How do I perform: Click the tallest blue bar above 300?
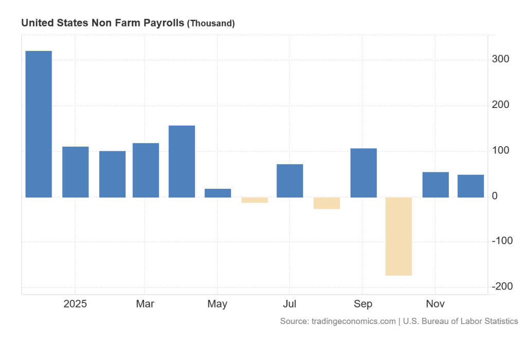pyautogui.click(x=39, y=124)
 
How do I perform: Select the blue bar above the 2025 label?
pyautogui.click(x=75, y=172)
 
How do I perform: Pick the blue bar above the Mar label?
pyautogui.click(x=146, y=170)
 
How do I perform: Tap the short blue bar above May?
pyautogui.click(x=218, y=193)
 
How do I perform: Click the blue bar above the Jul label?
pyautogui.click(x=290, y=181)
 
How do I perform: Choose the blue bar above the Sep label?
pyautogui.click(x=363, y=172)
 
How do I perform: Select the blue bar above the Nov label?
pyautogui.click(x=435, y=185)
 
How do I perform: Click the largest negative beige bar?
pyautogui.click(x=399, y=236)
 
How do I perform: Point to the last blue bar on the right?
pyautogui.click(x=470, y=186)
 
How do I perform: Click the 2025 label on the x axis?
pyautogui.click(x=75, y=304)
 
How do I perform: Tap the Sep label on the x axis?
pyautogui.click(x=363, y=304)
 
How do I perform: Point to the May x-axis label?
pyautogui.click(x=217, y=304)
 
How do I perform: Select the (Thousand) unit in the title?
pyautogui.click(x=210, y=24)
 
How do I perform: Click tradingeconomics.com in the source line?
pyautogui.click(x=354, y=321)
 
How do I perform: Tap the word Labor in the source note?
pyautogui.click(x=464, y=321)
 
